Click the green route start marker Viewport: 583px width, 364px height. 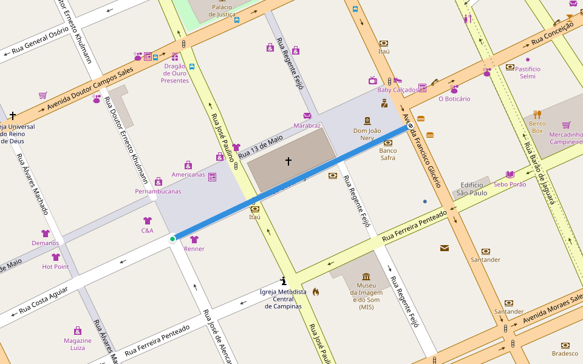(x=172, y=239)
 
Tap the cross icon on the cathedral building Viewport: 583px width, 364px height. (x=288, y=161)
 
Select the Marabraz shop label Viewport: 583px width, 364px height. (x=307, y=126)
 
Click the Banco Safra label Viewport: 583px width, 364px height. (x=388, y=154)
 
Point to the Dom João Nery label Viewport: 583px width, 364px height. (x=367, y=134)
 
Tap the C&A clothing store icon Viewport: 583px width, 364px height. (x=147, y=221)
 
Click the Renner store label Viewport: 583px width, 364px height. (x=194, y=249)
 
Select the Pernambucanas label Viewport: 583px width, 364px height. (x=158, y=191)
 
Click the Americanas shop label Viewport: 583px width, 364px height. (x=188, y=174)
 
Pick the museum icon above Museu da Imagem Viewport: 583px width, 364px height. (x=366, y=277)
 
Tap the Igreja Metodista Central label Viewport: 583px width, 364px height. (x=283, y=299)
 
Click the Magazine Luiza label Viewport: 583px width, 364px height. (x=78, y=344)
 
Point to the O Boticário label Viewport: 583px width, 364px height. (x=454, y=99)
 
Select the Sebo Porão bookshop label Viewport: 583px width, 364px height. (x=510, y=184)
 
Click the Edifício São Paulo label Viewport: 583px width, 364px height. (x=474, y=189)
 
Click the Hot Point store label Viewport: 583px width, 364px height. (x=55, y=266)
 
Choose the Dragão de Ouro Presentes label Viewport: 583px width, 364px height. (x=175, y=73)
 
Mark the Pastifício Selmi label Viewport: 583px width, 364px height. (x=528, y=72)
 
